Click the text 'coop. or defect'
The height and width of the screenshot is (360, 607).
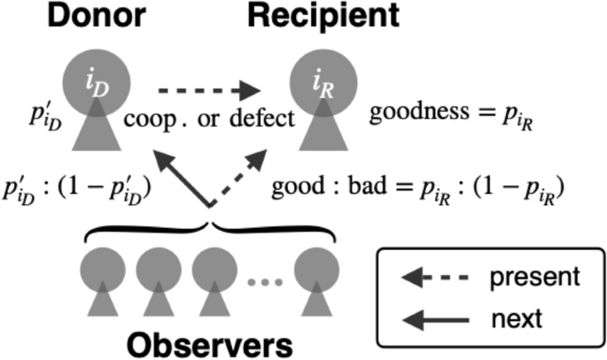[208, 118]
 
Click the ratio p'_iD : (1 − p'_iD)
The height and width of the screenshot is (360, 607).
[79, 189]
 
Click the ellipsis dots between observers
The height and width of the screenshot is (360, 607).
[264, 285]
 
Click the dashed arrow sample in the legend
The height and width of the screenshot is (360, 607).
[433, 277]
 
